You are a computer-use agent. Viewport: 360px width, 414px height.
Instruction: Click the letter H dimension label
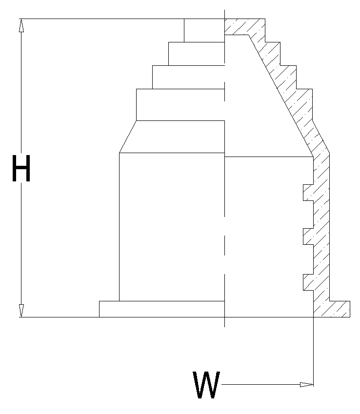pyautogui.click(x=21, y=168)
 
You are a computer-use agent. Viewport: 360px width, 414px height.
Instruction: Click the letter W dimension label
pyautogui.click(x=206, y=384)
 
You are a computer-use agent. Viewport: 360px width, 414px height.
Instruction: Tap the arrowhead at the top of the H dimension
pyautogui.click(x=21, y=25)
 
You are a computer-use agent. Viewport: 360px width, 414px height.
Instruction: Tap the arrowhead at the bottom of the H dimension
pyautogui.click(x=21, y=311)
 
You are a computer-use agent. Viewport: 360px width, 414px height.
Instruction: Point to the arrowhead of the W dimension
pyautogui.click(x=307, y=385)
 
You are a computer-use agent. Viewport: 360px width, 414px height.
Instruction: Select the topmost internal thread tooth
pyautogui.click(x=308, y=193)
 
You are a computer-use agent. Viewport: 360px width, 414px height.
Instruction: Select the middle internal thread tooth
pyautogui.click(x=308, y=237)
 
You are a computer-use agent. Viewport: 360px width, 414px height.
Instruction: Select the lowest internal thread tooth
pyautogui.click(x=308, y=282)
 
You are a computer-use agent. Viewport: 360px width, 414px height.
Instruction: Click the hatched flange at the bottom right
pyautogui.click(x=332, y=309)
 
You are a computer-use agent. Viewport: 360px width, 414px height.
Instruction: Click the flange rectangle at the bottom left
pyautogui.click(x=162, y=309)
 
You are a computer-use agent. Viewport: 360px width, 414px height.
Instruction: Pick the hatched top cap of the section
pyautogui.click(x=245, y=27)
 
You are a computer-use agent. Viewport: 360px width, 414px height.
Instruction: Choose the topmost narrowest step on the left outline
pyautogui.click(x=204, y=30)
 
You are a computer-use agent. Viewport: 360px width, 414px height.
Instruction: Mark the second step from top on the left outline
pyautogui.click(x=197, y=54)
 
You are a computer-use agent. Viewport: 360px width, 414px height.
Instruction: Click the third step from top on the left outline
pyautogui.click(x=189, y=78)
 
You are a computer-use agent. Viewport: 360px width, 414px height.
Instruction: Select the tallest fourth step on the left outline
pyautogui.click(x=180, y=105)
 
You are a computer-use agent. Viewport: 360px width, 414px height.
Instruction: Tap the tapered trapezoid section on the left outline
pyautogui.click(x=172, y=137)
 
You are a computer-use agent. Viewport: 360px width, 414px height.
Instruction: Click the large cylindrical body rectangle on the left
pyautogui.click(x=172, y=227)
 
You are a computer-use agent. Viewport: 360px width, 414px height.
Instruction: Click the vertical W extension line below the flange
pyautogui.click(x=313, y=352)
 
